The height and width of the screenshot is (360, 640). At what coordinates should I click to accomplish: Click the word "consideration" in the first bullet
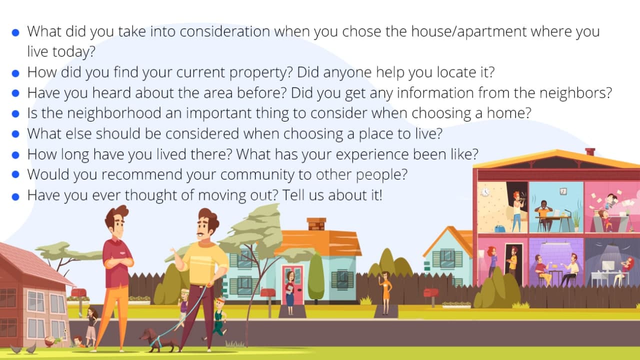pos(225,31)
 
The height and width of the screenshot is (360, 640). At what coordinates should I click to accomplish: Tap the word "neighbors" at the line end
pos(575,92)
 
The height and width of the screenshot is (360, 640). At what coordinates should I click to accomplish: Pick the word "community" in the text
pos(257,175)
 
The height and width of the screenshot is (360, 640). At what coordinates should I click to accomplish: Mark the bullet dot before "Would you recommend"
pos(15,175)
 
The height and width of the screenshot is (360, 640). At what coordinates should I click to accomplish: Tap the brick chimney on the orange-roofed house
pos(316,224)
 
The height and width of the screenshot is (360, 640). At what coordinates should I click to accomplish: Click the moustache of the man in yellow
pos(201,234)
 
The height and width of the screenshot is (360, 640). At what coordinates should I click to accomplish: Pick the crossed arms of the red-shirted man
pos(118,261)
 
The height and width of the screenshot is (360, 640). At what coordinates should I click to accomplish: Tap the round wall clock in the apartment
pos(485,192)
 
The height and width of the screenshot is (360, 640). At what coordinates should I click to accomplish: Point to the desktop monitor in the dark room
pos(608,267)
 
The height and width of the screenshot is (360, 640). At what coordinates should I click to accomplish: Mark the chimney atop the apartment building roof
pos(590,151)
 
